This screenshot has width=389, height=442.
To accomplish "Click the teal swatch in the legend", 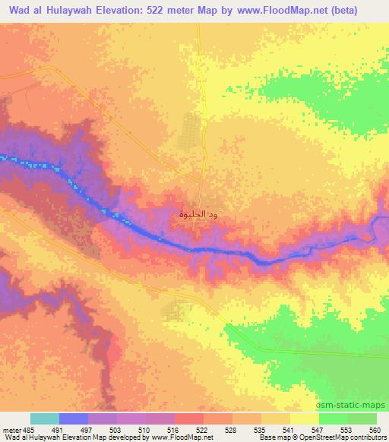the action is coord(45,418).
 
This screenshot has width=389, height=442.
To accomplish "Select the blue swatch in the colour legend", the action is coord(74,418).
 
